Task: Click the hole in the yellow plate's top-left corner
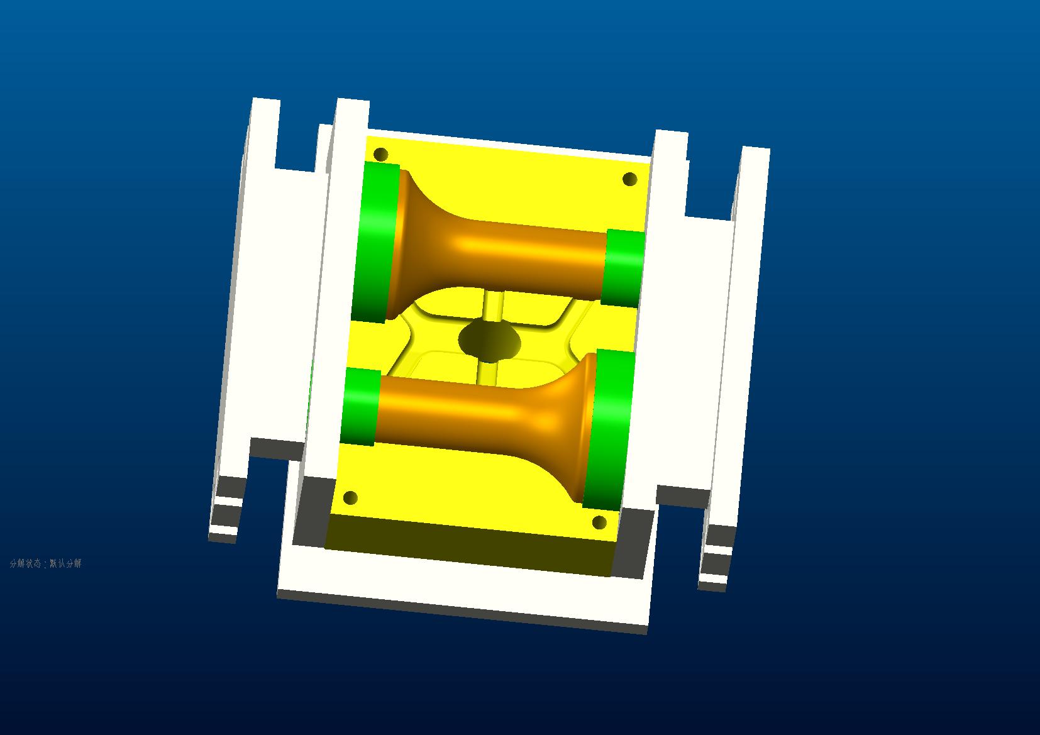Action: click(x=380, y=154)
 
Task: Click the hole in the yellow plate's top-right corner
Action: click(x=629, y=179)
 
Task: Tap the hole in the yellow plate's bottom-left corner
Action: click(x=350, y=499)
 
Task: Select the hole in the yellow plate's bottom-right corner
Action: click(x=599, y=522)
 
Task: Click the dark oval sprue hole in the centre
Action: click(x=490, y=340)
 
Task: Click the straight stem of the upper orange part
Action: click(x=534, y=258)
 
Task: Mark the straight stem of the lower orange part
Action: click(x=453, y=409)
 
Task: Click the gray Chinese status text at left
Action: click(x=45, y=563)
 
